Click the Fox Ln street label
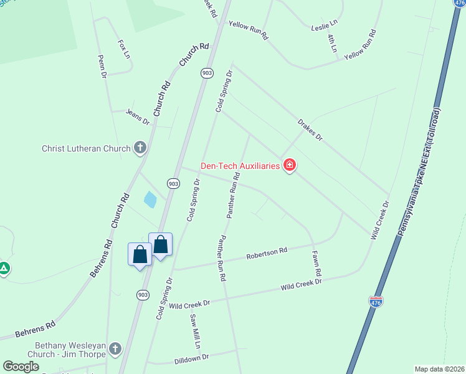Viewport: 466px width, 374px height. pos(124,49)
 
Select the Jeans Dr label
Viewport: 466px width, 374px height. pos(138,117)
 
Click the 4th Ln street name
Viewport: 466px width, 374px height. pos(332,42)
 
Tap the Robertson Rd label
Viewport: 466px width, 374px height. pos(266,253)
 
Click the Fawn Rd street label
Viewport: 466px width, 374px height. pos(317,264)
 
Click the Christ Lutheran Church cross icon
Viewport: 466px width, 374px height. pos(140,148)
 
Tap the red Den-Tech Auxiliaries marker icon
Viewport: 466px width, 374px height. pos(290,165)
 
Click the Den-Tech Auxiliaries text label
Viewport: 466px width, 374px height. pos(240,166)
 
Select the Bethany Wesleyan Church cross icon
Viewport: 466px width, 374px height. pos(115,348)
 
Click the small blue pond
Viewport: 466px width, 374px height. pos(150,199)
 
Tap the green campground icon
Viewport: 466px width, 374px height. pos(4,269)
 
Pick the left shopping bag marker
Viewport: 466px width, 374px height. pos(140,254)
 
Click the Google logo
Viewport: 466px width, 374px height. pos(21,366)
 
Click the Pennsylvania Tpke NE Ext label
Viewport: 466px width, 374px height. pos(419,175)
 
